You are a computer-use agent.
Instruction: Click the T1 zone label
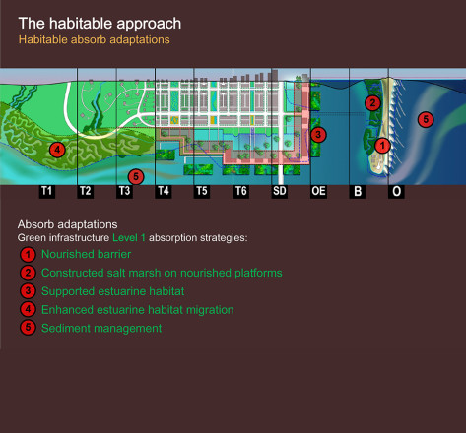pyautogui.click(x=47, y=191)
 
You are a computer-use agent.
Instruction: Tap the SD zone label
pyautogui.click(x=280, y=191)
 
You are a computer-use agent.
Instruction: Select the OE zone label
pyautogui.click(x=318, y=191)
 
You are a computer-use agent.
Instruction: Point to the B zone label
pyautogui.click(x=358, y=191)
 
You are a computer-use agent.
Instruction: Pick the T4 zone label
pyautogui.click(x=164, y=191)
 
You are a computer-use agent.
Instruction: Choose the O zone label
pyautogui.click(x=396, y=191)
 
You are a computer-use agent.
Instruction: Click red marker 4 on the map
pyautogui.click(x=57, y=150)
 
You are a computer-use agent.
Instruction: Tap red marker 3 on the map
pyautogui.click(x=318, y=135)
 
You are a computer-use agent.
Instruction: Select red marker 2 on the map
pyautogui.click(x=372, y=103)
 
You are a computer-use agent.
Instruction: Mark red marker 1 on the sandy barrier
pyautogui.click(x=382, y=145)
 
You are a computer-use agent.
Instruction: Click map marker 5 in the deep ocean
pyautogui.click(x=426, y=119)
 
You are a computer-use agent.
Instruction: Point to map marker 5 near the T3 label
pyautogui.click(x=136, y=177)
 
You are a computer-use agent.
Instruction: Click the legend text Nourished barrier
pyautogui.click(x=86, y=254)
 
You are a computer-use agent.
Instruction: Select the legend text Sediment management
pyautogui.click(x=101, y=329)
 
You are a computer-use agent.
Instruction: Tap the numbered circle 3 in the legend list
pyautogui.click(x=28, y=291)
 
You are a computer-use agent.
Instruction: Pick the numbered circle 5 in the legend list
pyautogui.click(x=28, y=328)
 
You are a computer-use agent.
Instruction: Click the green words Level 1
pyautogui.click(x=129, y=238)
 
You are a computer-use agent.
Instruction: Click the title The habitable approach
pyautogui.click(x=100, y=24)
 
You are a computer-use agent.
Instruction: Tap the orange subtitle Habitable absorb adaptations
pyautogui.click(x=95, y=39)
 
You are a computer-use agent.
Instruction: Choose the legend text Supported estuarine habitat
pyautogui.click(x=112, y=291)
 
